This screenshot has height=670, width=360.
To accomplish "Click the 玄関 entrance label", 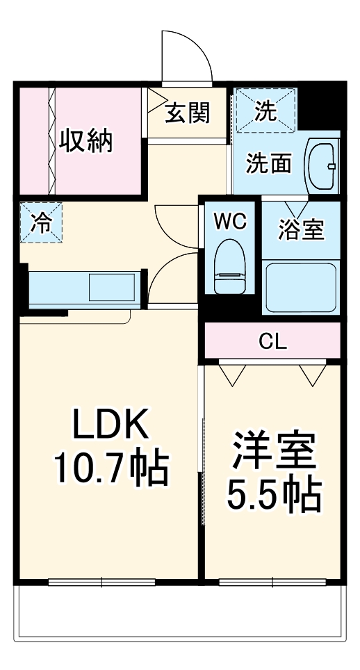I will pyautogui.click(x=187, y=113).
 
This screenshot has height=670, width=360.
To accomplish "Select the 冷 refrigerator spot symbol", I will pyautogui.click(x=40, y=222).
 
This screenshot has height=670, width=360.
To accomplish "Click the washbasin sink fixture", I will pyautogui.click(x=323, y=166).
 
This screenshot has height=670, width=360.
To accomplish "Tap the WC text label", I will pyautogui.click(x=229, y=222).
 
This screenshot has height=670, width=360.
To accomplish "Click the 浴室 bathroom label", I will pyautogui.click(x=301, y=229).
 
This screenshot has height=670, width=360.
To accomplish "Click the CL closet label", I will pyautogui.click(x=272, y=341).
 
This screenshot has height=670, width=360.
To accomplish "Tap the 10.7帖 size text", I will pyautogui.click(x=111, y=470).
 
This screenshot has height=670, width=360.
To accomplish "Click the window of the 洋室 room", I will pyautogui.click(x=272, y=582).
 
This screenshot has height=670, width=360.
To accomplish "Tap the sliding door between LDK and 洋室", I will pyautogui.click(x=202, y=473).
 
